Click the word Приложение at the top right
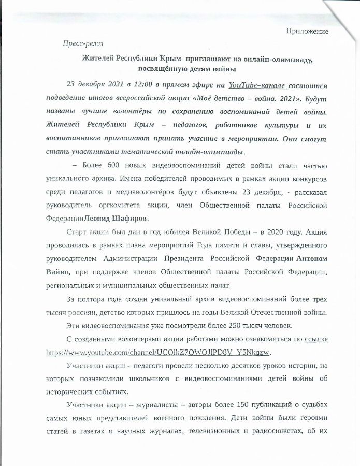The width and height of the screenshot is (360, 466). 308,32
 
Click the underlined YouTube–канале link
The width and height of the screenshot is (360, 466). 257,85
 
